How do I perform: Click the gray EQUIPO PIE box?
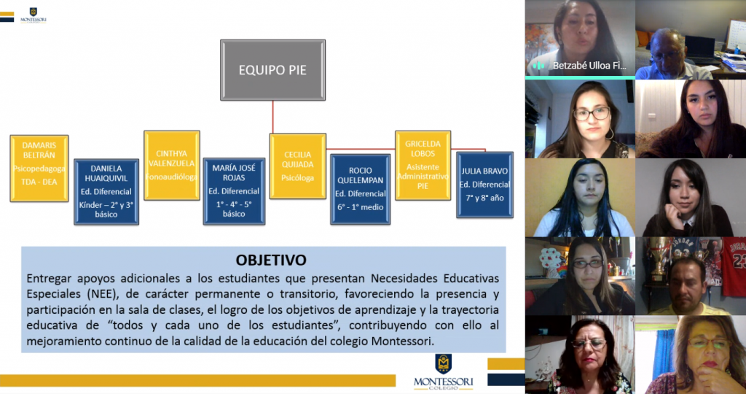[272, 70]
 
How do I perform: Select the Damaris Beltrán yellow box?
[39, 168]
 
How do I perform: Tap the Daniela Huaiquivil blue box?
[106, 191]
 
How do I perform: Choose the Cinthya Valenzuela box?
[172, 166]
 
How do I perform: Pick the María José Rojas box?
[234, 191]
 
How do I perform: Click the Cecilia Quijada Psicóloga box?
[298, 166]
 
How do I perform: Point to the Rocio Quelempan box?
[360, 189]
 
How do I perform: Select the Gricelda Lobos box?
[423, 166]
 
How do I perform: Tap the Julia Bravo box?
[484, 185]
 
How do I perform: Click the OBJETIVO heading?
[271, 260]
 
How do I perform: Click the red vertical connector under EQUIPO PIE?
[272, 117]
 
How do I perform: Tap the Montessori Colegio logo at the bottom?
[444, 372]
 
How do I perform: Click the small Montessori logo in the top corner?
[33, 15]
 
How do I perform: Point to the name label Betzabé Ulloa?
[589, 66]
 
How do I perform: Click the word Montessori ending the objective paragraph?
[401, 341]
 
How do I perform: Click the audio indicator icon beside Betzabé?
[538, 66]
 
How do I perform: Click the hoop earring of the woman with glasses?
[610, 134]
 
